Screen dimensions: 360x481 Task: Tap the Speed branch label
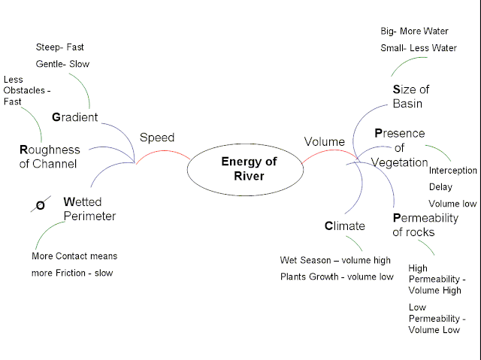click(157, 138)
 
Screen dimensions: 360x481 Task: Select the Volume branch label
click(324, 141)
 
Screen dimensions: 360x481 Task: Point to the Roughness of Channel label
click(48, 156)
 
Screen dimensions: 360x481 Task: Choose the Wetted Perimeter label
click(89, 209)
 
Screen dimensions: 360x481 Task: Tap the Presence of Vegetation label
click(400, 147)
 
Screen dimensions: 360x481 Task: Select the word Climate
click(344, 225)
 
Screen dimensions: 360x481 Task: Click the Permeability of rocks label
click(424, 225)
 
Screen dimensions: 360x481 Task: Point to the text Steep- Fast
click(60, 47)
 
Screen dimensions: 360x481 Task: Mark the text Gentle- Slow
click(62, 64)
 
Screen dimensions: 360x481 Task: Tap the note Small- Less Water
click(419, 48)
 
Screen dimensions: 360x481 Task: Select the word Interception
click(452, 171)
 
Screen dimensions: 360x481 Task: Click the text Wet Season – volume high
click(335, 260)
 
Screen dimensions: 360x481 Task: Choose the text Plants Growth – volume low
click(337, 277)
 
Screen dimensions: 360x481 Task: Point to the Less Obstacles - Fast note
click(26, 90)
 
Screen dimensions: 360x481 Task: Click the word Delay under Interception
click(440, 187)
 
